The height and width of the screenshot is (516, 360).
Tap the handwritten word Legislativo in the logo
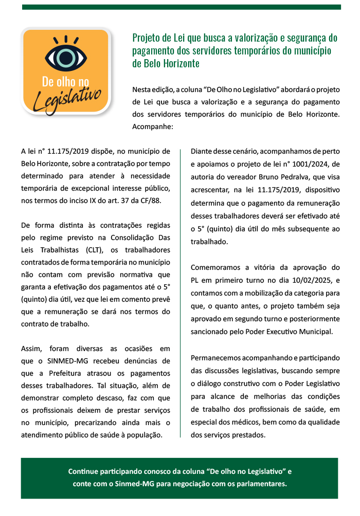click(x=67, y=97)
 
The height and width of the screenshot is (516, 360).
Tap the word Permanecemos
click(x=216, y=358)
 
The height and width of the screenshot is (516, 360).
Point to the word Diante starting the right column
click(x=202, y=152)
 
